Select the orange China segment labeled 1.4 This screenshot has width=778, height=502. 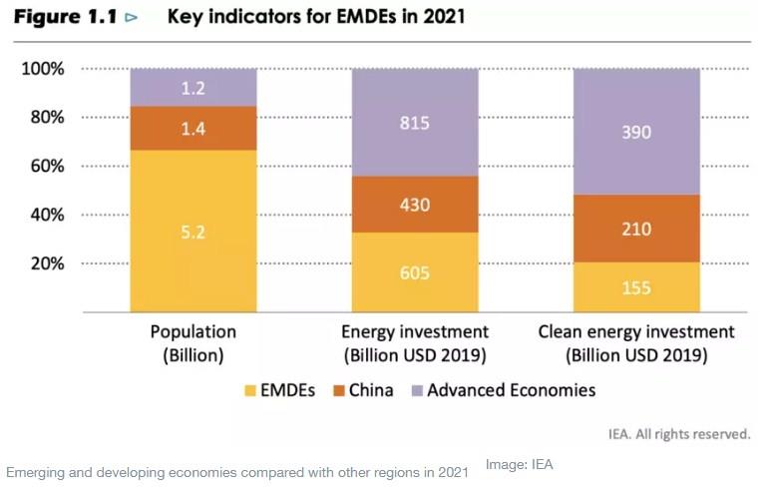click(194, 128)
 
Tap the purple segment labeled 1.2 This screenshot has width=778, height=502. click(194, 89)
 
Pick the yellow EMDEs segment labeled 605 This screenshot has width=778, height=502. click(415, 272)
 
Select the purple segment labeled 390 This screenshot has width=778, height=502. click(636, 131)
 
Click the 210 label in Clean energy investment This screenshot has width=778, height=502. click(636, 229)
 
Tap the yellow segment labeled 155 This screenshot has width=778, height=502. click(636, 287)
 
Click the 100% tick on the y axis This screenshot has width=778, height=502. click(43, 69)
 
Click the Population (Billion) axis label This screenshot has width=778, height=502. click(194, 342)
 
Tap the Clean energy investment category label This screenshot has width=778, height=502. click(636, 332)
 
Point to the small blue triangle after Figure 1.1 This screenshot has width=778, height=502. click(131, 18)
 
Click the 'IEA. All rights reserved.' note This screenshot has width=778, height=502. click(679, 434)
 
